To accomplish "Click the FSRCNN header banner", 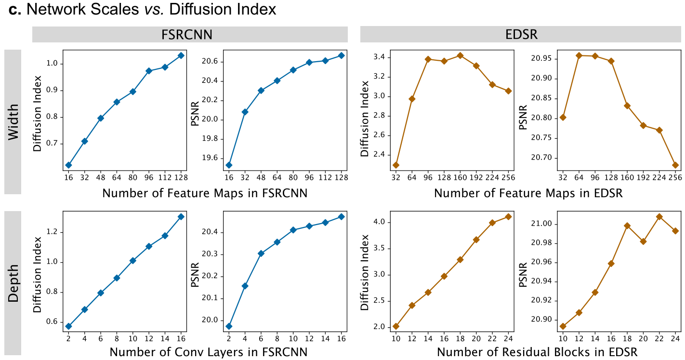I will tap(190, 35).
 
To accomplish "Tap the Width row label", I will tap(13, 122).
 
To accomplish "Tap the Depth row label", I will tap(13, 283).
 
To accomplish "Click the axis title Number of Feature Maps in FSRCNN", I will tap(205, 193).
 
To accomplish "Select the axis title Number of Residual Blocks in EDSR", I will tap(537, 352).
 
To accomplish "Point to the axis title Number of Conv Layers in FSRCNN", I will tap(208, 352).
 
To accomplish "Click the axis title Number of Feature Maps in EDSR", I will tap(528, 193).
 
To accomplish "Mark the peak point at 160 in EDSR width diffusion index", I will tap(460, 55).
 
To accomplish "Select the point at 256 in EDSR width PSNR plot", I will tap(675, 165).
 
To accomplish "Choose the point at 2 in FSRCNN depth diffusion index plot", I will tap(68, 326).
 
